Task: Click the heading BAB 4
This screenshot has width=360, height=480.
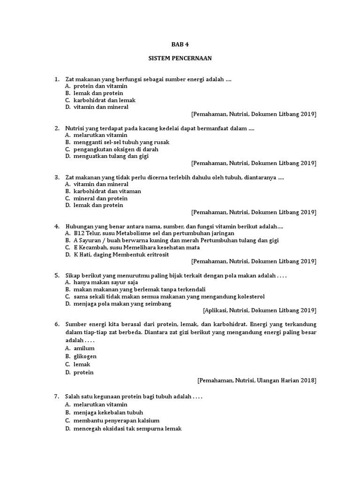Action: (180, 45)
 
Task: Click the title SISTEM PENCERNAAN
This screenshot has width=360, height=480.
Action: (180, 59)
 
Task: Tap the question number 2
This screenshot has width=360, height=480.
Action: (57, 128)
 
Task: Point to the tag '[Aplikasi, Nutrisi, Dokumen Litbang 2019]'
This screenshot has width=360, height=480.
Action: (259, 310)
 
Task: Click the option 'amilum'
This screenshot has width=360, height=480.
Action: (84, 348)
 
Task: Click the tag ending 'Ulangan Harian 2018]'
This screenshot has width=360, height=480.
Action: (257, 381)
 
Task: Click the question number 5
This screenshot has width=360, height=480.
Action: (57, 275)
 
